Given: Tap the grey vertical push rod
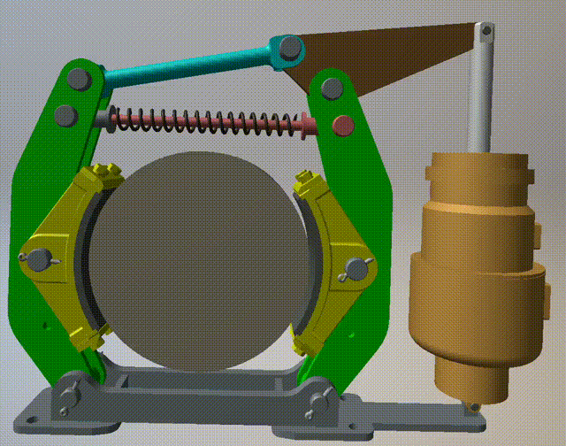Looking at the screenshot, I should [x=481, y=97].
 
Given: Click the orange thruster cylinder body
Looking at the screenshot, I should [x=478, y=265].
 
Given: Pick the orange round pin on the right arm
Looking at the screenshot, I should [x=341, y=125].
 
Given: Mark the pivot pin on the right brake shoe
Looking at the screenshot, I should [x=356, y=267].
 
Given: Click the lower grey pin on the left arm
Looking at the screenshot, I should [x=65, y=115].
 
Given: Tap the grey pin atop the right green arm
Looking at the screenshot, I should [x=332, y=88].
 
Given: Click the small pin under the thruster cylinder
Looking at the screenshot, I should [x=473, y=407].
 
